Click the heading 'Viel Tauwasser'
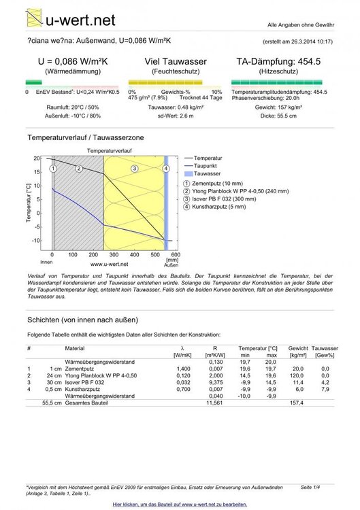(x=176, y=61)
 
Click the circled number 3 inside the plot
(x=135, y=169)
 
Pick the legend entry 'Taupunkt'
(x=205, y=166)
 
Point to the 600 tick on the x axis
(x=176, y=255)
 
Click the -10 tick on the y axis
(x=37, y=241)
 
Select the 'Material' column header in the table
(x=74, y=348)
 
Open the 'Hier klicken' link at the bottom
(x=180, y=504)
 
